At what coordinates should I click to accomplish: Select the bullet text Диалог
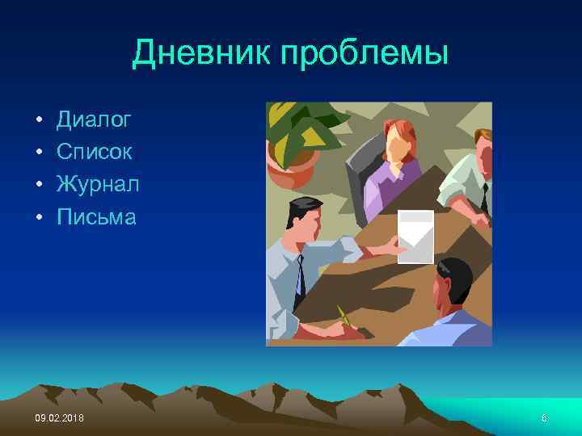click(x=94, y=121)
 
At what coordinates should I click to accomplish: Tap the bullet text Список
click(x=95, y=153)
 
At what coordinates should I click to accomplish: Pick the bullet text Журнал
click(x=98, y=184)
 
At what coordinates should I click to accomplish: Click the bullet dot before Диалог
click(x=38, y=122)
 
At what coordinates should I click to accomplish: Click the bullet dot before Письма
click(x=38, y=217)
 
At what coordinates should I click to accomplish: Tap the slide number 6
click(x=544, y=416)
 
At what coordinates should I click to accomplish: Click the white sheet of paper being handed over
click(x=416, y=236)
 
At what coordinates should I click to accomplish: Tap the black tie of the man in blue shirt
click(x=300, y=275)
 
